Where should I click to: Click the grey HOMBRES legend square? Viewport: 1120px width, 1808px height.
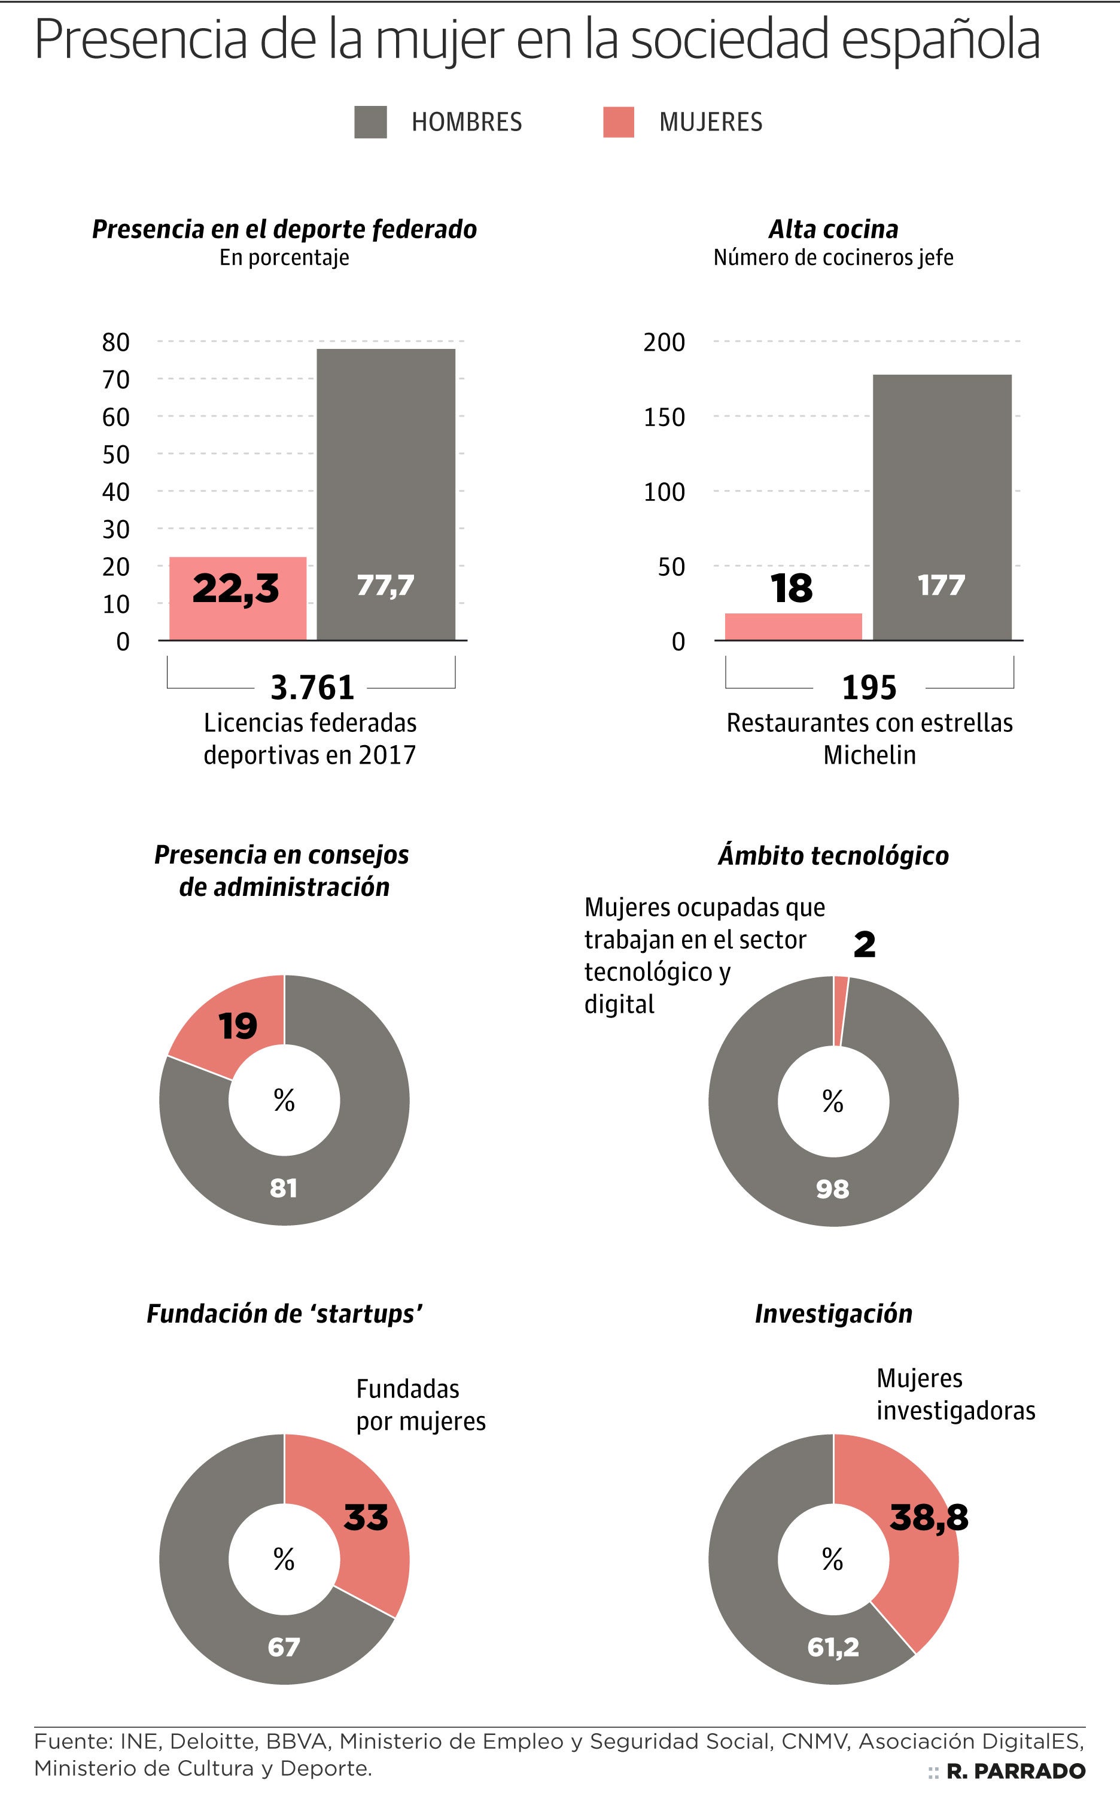tap(370, 121)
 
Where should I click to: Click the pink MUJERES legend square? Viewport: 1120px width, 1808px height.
tap(619, 121)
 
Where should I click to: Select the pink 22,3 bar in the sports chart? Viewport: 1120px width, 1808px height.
tap(238, 597)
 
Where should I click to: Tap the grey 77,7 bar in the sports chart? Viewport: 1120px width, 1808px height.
tap(386, 494)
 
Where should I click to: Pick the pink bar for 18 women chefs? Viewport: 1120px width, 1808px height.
tap(793, 626)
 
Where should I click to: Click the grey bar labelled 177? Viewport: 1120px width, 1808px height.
tap(942, 507)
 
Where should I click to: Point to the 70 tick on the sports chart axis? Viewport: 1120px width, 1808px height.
tap(115, 379)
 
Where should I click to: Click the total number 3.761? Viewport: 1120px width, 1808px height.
tap(312, 688)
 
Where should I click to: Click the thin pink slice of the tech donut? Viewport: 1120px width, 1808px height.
tap(841, 1010)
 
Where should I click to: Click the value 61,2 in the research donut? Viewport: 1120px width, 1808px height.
tap(833, 1646)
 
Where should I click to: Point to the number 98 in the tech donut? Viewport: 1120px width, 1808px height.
tap(833, 1189)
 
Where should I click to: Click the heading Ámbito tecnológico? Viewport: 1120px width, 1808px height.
tap(833, 855)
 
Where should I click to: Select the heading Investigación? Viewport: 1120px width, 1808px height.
tap(833, 1314)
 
